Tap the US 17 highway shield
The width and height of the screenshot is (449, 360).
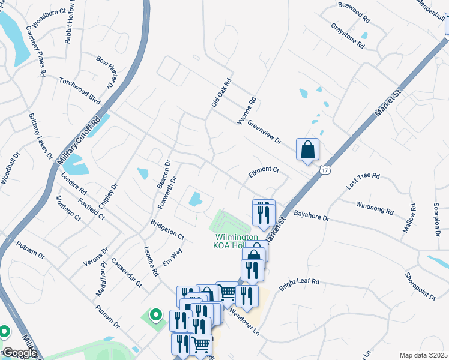point(324,170)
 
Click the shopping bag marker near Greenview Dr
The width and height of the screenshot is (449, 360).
point(307,149)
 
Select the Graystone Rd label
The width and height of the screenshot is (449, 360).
point(348,36)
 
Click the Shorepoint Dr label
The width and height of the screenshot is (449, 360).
point(420,286)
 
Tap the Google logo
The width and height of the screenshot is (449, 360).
point(19,353)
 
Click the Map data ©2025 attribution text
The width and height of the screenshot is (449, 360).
point(424,355)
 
